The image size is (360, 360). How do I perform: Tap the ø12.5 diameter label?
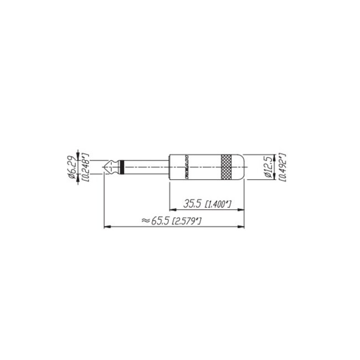pyautogui.click(x=269, y=167)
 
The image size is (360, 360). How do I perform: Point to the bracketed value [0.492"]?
pyautogui.click(x=282, y=167)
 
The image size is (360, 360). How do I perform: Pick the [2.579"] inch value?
pyautogui.click(x=186, y=221)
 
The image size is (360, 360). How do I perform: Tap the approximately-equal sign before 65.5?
pyautogui.click(x=146, y=220)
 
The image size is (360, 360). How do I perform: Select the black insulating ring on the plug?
pyautogui.click(x=119, y=167)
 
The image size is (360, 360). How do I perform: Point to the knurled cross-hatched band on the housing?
pyautogui.click(x=227, y=167)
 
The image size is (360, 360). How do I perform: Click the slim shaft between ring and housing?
pyautogui.click(x=144, y=167)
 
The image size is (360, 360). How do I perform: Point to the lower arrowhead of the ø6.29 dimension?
pyautogui.click(x=79, y=176)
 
